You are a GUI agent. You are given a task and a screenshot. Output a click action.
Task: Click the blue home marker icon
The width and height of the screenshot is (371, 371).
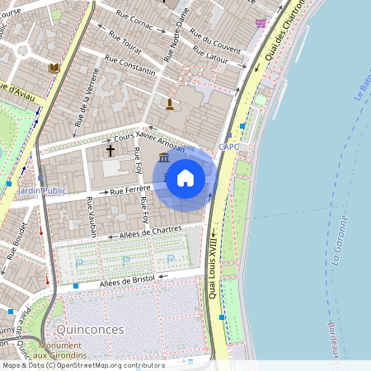pyautogui.click(x=185, y=178)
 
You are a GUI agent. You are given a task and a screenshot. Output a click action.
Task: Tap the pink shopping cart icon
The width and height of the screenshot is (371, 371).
pyautogui.click(x=261, y=23)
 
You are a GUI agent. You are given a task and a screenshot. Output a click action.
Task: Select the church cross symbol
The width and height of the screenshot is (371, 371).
pyautogui.click(x=110, y=150)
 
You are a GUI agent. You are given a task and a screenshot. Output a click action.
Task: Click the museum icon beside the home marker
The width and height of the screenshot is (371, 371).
pyautogui.click(x=163, y=157)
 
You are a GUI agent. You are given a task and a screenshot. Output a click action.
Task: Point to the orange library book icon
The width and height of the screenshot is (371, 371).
pyautogui.click(x=54, y=68)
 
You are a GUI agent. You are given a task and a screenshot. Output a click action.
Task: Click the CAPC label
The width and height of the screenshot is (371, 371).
pyautogui.click(x=228, y=148)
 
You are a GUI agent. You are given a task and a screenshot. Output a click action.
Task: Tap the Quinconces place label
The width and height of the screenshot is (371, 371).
pyautogui.click(x=92, y=329)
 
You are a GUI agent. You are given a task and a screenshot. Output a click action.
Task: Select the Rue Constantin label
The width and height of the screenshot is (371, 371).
pyautogui.click(x=130, y=67)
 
